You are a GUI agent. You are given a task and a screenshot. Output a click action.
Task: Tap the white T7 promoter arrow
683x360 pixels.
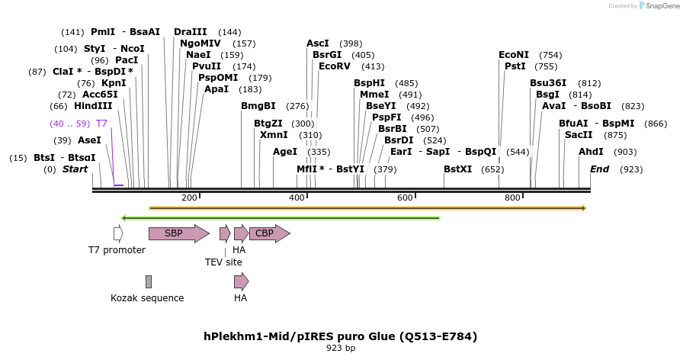118,234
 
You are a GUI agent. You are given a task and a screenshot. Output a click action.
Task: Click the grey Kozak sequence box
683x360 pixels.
149,281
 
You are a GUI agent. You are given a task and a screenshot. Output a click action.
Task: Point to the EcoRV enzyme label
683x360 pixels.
335,66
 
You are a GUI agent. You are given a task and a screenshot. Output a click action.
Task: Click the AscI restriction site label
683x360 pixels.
318,43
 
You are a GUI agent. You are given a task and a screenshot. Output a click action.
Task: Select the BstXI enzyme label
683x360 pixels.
458,169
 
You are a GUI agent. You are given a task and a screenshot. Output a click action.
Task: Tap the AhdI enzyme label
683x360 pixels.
591,152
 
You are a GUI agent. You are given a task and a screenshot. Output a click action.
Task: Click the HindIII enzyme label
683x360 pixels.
93,106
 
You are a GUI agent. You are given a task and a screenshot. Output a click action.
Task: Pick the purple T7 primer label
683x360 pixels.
101,123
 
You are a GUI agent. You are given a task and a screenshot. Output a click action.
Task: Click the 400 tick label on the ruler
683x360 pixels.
297,198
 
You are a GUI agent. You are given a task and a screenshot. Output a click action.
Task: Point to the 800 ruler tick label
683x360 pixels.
512,198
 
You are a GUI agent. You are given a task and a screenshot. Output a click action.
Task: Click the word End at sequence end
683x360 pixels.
599,169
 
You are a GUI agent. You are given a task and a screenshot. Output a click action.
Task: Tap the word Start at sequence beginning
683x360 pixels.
75,169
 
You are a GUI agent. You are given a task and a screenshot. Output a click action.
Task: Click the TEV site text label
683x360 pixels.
223,262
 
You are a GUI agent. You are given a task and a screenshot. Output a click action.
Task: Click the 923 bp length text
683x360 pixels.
341,349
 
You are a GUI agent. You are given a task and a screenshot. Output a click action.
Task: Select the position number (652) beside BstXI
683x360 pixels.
492,169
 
